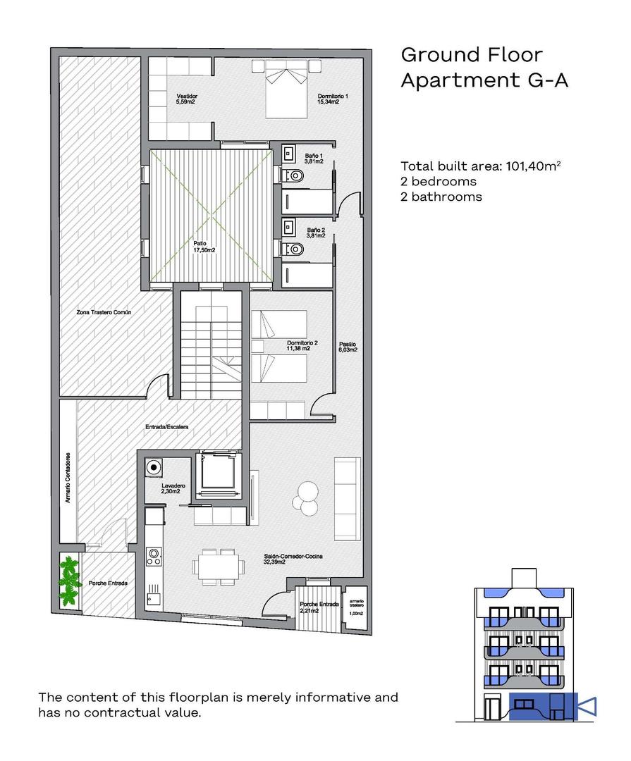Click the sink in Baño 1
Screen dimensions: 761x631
tap(288, 153)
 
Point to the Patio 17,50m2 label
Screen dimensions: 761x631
tap(204, 246)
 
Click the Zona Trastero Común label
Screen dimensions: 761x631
tap(104, 311)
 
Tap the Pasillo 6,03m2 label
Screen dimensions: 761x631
tap(348, 347)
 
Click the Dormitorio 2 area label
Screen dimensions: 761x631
tap(302, 345)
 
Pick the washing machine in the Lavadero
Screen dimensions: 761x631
tap(152, 466)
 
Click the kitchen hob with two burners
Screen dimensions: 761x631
tap(153, 557)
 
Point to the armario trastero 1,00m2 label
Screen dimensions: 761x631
tap(355, 607)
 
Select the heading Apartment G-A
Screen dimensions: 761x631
tap(484, 80)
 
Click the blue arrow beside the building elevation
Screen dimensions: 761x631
tap(586, 705)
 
